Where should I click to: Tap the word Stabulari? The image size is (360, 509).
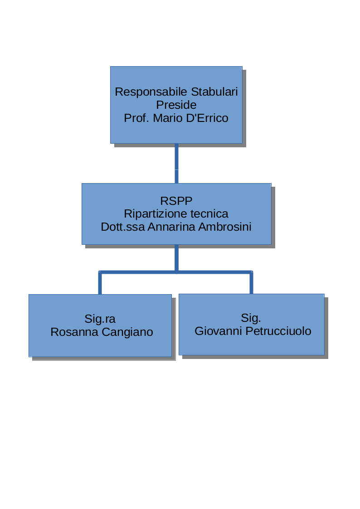click(214, 92)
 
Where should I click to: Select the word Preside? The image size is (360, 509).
click(176, 105)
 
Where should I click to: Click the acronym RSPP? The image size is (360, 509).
click(176, 201)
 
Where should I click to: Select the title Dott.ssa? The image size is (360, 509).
click(123, 227)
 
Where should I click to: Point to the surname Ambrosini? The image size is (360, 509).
click(225, 227)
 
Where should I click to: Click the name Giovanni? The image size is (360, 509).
click(216, 331)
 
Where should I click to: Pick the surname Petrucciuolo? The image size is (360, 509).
click(277, 331)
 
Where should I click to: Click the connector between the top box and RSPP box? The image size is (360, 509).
click(176, 163)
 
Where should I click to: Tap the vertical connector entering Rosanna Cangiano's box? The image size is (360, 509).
click(100, 283)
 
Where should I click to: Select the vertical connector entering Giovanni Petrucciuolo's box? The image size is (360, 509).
click(251, 283)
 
